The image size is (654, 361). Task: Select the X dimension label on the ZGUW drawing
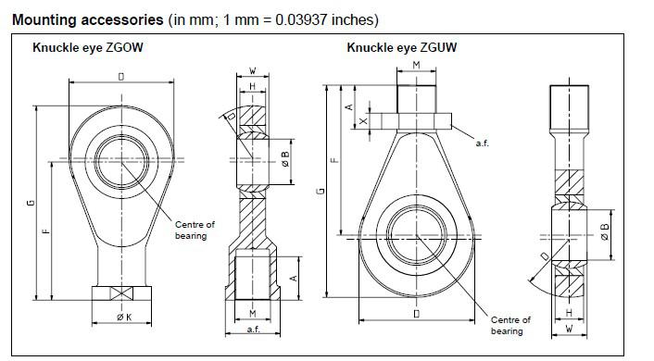pos(364,121)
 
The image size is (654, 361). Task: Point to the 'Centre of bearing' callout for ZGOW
pos(195,230)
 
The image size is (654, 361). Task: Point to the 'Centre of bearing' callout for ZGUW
pos(510,325)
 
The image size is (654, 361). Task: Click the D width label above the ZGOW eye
pos(120,77)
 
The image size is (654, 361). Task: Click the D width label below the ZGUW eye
pos(416,315)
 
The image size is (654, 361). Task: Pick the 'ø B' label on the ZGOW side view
pos(286,158)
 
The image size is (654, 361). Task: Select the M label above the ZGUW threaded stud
pos(416,66)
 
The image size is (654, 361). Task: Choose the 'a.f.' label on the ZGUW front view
pos(483,143)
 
